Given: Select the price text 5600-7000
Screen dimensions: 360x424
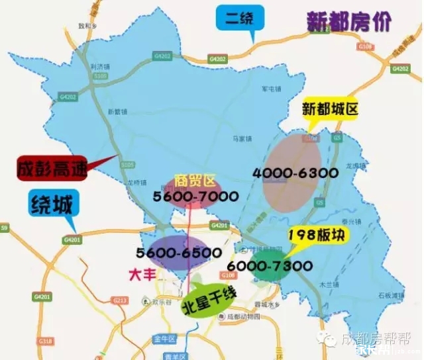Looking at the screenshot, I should [x=191, y=197].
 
